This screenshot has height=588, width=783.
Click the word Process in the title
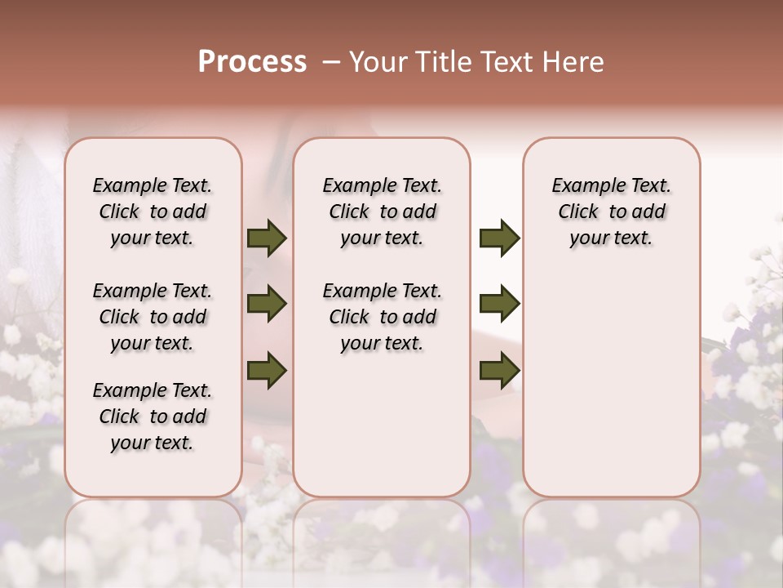252,62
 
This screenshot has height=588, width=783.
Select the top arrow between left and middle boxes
267,238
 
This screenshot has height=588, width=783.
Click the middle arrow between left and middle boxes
267,305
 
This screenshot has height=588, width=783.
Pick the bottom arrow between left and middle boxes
267,370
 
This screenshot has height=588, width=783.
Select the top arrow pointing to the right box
499,238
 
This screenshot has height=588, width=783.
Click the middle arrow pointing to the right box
499,305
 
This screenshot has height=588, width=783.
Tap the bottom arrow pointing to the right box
499,370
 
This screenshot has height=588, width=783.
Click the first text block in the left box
153,212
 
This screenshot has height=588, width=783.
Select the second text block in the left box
153,317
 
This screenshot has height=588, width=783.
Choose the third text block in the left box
153,416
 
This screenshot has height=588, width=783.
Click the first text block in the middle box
382,212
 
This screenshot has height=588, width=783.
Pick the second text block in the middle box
382,317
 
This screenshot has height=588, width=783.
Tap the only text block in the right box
611,212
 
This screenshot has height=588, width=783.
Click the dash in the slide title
331,62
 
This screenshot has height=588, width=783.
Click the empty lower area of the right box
611,384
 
